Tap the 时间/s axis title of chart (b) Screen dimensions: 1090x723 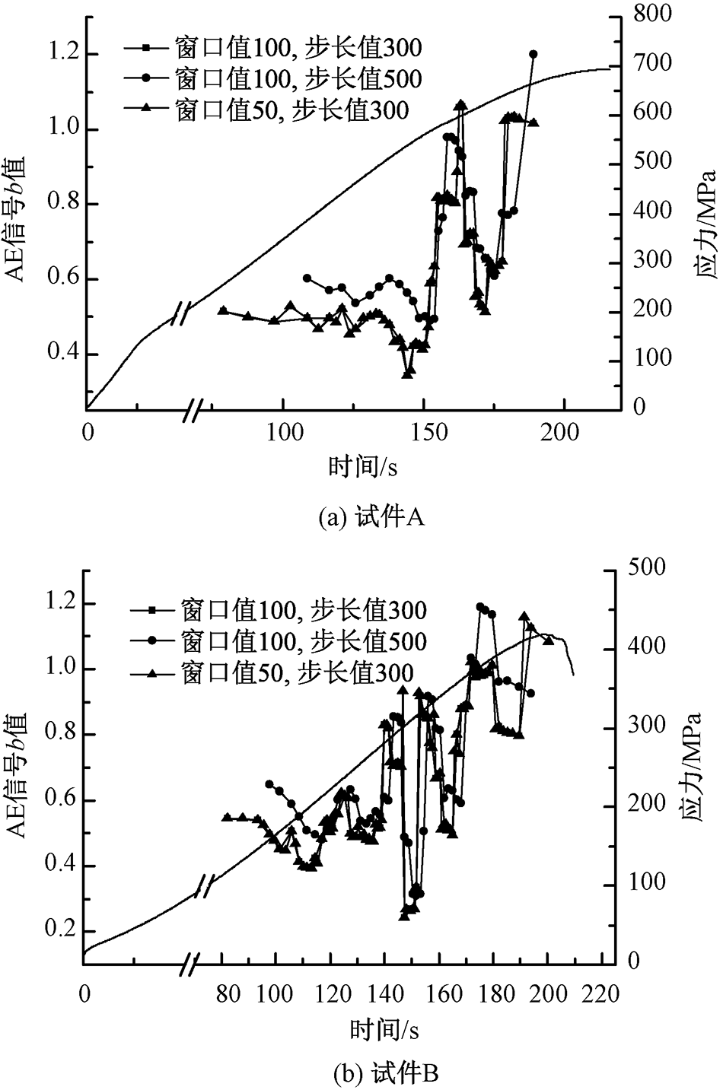[384, 1030]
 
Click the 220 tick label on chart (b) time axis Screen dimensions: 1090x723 [600, 993]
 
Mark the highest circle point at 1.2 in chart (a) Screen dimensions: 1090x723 [533, 54]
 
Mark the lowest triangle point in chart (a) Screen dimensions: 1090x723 [409, 372]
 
